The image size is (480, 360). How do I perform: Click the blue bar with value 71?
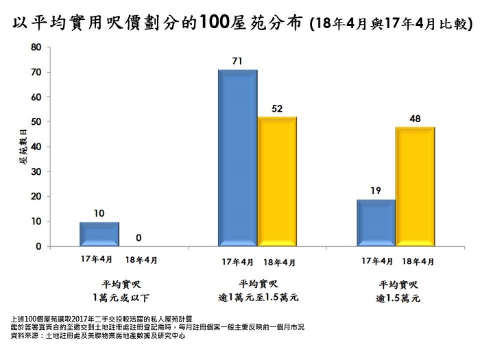tap(237, 158)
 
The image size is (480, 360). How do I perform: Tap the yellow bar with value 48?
tap(415, 186)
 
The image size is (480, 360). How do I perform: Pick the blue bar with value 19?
tap(376, 222)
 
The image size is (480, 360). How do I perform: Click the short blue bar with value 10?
tap(99, 233)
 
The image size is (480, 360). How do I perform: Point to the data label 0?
tap(139, 238)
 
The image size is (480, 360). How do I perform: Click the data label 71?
tap(237, 62)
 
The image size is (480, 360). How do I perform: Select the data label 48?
tap(415, 119)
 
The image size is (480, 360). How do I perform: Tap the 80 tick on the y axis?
tap(36, 48)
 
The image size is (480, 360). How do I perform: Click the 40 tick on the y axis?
tap(36, 147)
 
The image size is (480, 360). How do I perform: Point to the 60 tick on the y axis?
tap(36, 97)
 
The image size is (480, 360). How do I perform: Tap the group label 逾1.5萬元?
tap(398, 299)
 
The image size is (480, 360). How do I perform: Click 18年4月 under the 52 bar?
tap(278, 261)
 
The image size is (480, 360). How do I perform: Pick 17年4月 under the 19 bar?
tap(376, 261)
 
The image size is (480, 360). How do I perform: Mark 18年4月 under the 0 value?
tap(141, 260)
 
